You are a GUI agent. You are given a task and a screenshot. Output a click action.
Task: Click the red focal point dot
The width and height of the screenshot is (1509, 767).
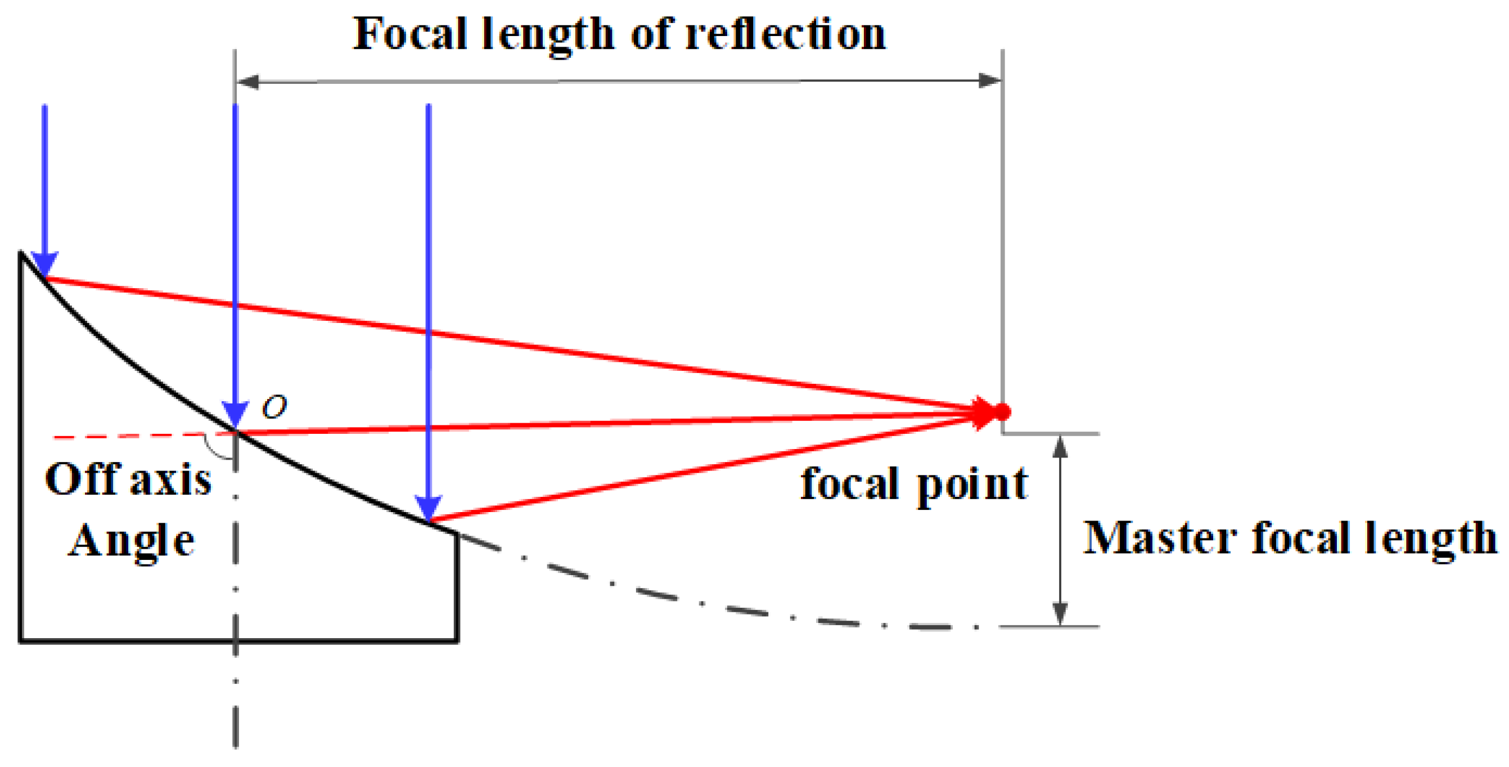click(x=1002, y=411)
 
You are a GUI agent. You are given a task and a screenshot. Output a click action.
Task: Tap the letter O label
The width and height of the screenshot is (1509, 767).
click(x=274, y=406)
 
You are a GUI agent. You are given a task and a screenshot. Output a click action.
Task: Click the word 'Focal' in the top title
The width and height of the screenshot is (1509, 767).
click(x=409, y=34)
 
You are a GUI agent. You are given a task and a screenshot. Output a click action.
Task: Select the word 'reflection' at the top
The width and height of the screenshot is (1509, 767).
click(x=786, y=34)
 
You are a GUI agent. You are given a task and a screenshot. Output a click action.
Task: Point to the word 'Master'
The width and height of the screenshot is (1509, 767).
click(x=1160, y=538)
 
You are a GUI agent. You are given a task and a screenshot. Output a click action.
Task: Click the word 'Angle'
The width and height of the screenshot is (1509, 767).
click(x=132, y=540)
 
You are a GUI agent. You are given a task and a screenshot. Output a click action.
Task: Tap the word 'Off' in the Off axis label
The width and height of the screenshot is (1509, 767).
click(x=82, y=479)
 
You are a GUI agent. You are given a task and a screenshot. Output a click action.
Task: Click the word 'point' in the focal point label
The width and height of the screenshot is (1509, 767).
click(x=972, y=485)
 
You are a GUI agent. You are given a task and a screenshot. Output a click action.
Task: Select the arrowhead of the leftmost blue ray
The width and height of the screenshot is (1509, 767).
click(x=44, y=264)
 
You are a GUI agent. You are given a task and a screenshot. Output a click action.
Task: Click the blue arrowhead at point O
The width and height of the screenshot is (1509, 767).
click(x=236, y=415)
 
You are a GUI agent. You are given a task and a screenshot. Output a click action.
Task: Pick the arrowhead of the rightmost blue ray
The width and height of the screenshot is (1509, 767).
click(x=428, y=508)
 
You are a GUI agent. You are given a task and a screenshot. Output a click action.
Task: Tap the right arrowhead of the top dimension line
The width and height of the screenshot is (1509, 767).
click(x=990, y=81)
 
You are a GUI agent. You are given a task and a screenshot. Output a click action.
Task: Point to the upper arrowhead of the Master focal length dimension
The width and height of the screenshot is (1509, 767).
click(x=1060, y=446)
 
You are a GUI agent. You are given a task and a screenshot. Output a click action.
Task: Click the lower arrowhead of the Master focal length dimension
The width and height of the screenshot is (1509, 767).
click(x=1060, y=614)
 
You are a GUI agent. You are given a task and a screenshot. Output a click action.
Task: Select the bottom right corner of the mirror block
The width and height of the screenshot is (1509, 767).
click(x=457, y=640)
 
